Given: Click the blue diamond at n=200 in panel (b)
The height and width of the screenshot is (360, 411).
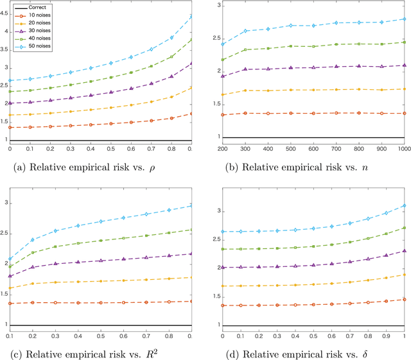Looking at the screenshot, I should click(223, 44).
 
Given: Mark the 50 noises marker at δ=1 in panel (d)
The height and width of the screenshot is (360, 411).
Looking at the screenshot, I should click(403, 205).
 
